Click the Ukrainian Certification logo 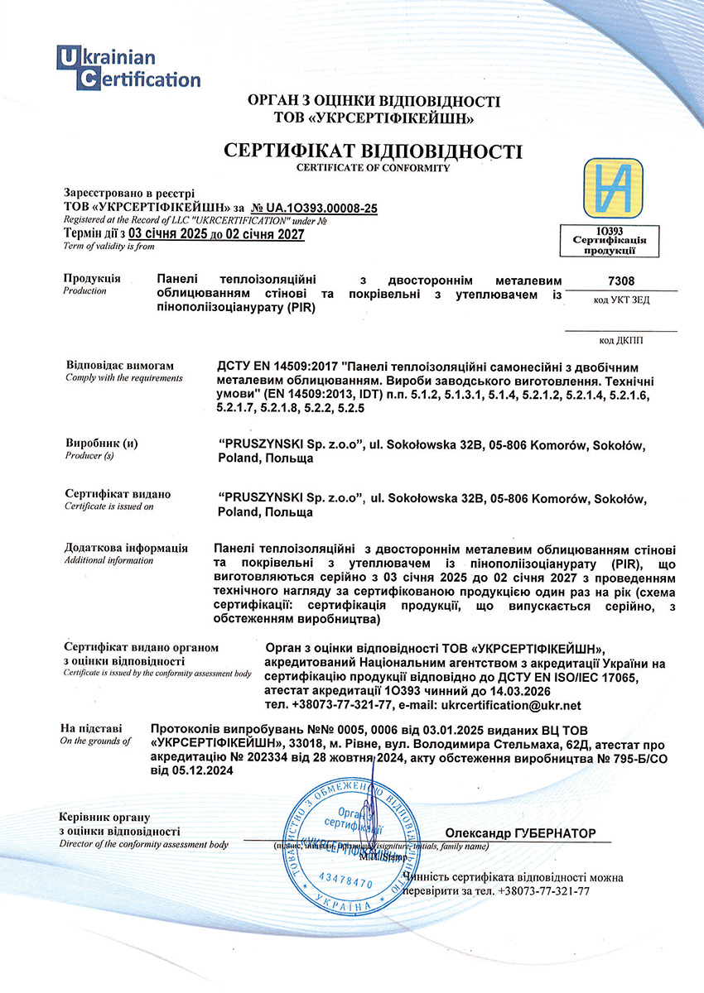point(128,68)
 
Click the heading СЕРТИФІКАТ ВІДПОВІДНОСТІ point(374,151)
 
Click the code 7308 point(621,281)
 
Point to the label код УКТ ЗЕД point(621,300)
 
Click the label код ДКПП point(621,339)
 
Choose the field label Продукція point(92,278)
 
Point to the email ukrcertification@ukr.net point(512,705)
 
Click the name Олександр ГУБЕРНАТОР point(520,832)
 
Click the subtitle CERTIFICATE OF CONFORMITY point(373,168)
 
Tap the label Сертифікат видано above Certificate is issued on point(118,494)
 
